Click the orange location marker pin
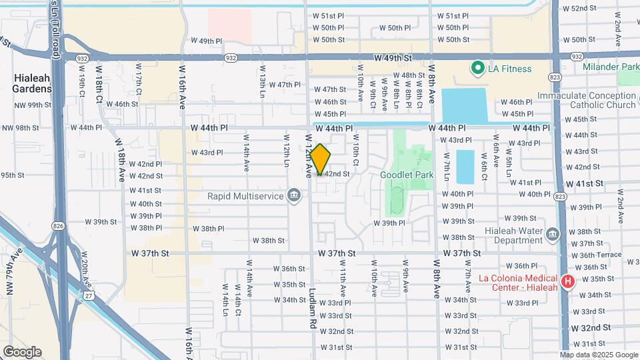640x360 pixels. pyautogui.click(x=320, y=160)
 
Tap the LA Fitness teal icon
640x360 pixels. pyautogui.click(x=477, y=68)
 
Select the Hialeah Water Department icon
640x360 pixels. pyautogui.click(x=552, y=234)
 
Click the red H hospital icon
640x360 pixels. pyautogui.click(x=567, y=281)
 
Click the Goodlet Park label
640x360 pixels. pyautogui.click(x=407, y=175)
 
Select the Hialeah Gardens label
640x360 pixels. pyautogui.click(x=31, y=83)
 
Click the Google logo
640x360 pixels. pyautogui.click(x=22, y=351)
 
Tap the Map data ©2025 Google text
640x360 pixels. pyautogui.click(x=598, y=355)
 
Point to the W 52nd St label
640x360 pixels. pyautogui.click(x=579, y=9)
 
